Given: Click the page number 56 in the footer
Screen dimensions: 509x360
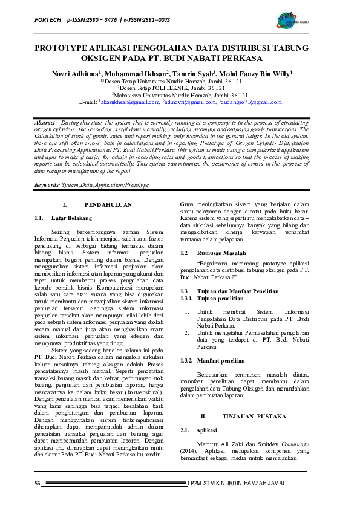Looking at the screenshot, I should pyautogui.click(x=37, y=483).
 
